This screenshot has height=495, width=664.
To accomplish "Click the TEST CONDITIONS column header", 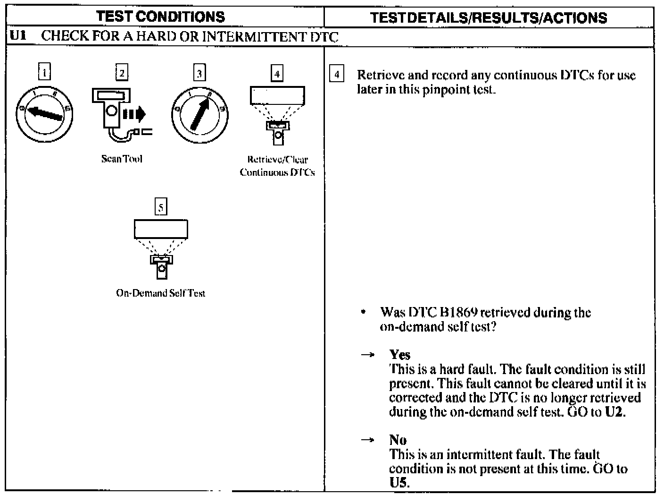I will [x=160, y=17].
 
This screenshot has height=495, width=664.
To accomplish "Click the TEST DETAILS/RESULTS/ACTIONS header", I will [x=488, y=18].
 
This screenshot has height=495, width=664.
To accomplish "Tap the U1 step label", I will [x=17, y=37].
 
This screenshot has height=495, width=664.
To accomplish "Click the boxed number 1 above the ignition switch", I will [x=44, y=73].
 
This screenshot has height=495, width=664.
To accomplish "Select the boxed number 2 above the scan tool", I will [x=122, y=73].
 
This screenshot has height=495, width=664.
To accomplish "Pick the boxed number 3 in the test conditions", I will [x=199, y=73].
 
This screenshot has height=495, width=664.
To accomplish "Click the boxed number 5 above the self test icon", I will [x=161, y=207].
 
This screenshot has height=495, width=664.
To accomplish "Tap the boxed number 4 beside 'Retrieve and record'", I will [x=336, y=75].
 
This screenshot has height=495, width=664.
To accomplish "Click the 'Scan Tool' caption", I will [x=122, y=159].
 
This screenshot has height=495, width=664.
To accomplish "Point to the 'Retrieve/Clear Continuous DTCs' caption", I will [x=277, y=166].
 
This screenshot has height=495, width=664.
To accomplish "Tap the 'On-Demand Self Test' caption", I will [x=160, y=293].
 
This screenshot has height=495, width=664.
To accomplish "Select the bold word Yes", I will [x=399, y=355].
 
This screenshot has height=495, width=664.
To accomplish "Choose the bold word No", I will [x=398, y=440].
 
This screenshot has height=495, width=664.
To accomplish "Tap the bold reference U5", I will [x=399, y=483].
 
